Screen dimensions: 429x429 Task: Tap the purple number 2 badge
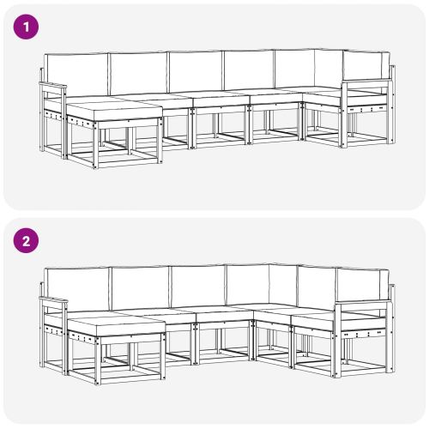pyautogui.click(x=28, y=241)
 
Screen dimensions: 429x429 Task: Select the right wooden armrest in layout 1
pyautogui.click(x=365, y=83)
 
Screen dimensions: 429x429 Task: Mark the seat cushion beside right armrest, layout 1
pyautogui.click(x=322, y=96)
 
